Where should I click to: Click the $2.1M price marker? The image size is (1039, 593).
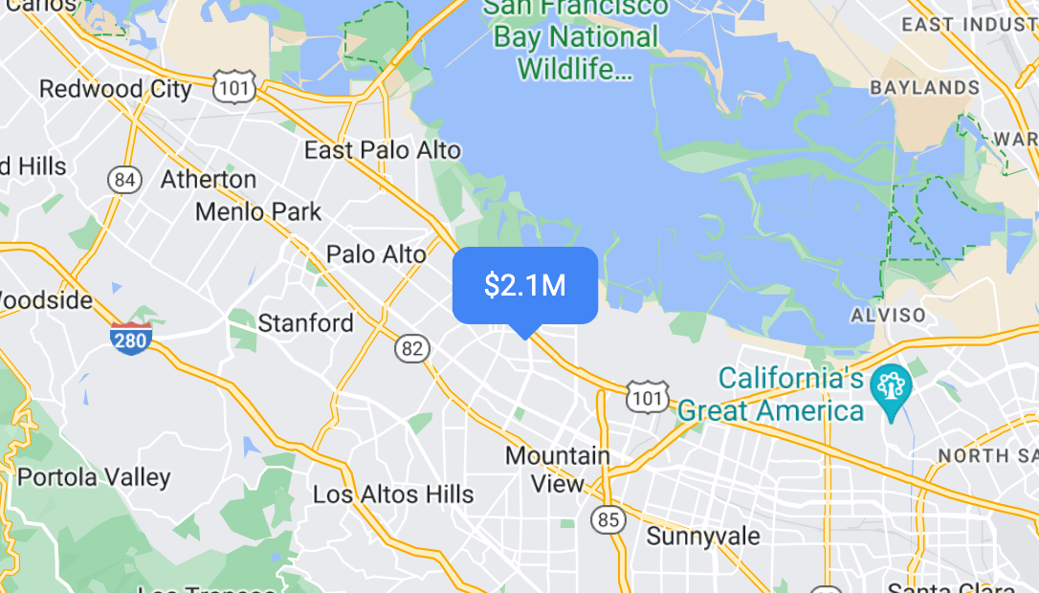pos(524,286)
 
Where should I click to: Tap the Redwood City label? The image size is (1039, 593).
pos(115,89)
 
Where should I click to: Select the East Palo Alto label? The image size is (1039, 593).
pos(382,150)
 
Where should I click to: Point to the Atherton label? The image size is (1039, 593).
pos(209,180)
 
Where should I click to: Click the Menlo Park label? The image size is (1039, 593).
pos(258,210)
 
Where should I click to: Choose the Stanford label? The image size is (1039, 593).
pos(306,323)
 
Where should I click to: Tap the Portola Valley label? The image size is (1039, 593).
pos(94,476)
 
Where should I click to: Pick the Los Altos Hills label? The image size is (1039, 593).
pos(393,494)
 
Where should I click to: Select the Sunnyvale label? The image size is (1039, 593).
pos(703,536)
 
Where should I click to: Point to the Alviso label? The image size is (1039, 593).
pos(888,315)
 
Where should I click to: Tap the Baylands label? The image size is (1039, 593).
pos(924,88)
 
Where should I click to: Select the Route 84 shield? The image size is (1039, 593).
pos(124,180)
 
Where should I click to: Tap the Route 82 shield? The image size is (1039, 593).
pos(412,349)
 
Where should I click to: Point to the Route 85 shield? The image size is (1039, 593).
pos(607,519)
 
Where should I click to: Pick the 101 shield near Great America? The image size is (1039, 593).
pos(648,395)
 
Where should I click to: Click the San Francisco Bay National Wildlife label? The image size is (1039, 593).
pos(575,38)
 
